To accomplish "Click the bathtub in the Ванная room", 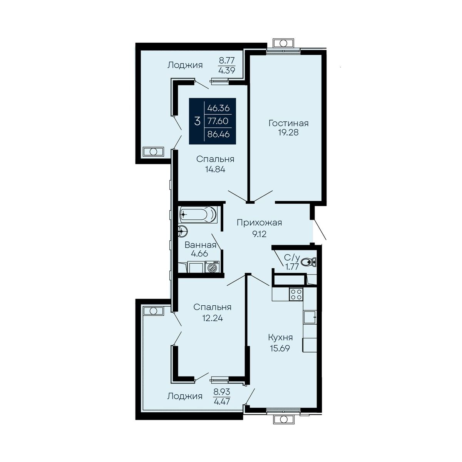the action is coord(198,214).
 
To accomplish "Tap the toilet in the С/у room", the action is coord(308,262).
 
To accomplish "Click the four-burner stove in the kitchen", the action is coord(296,294).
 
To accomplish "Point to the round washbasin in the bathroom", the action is coord(183,231).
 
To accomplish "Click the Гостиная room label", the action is coord(288,123).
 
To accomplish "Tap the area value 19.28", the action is coord(288,132).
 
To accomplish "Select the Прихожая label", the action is coord(259,223).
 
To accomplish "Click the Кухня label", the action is coord(280,338).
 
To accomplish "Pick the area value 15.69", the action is coord(280,348).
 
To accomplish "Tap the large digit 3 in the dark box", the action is coord(197,121).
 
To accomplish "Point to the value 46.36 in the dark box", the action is coord(218,108).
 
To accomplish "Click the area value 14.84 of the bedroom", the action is coord(215,169).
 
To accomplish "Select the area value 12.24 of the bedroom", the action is coord(213,318).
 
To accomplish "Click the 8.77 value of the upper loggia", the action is coord(227,60).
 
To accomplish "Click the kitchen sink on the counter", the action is coord(310,317).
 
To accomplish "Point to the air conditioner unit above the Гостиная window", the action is coord(283,43).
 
